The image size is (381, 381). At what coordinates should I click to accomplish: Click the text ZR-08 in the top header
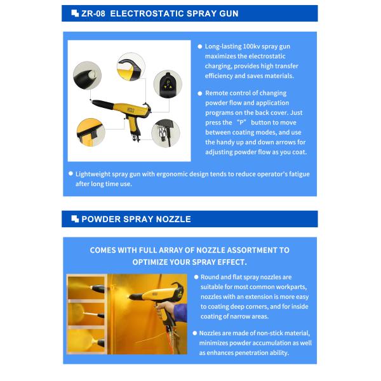coord(93,13)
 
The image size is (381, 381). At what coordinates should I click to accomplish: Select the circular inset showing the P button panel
coord(168,84)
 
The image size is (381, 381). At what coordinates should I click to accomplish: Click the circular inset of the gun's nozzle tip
coord(87,76)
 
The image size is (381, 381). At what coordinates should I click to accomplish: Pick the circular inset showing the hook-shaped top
coord(131,67)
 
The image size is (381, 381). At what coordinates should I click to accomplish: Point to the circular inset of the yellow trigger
coord(91,133)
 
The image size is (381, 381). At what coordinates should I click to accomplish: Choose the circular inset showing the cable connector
coord(166,133)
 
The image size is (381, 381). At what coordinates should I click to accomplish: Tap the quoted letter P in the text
coord(241,122)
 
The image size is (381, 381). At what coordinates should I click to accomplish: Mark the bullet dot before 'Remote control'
coord(200,93)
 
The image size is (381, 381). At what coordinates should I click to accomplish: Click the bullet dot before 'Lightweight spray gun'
coord(70,173)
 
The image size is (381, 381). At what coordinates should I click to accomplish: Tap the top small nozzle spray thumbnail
coord(86,288)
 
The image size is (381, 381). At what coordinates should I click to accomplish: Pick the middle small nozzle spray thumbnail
coord(86,314)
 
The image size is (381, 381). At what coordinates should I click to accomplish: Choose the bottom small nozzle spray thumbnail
coord(86,340)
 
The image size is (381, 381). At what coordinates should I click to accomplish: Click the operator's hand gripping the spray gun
coord(166,309)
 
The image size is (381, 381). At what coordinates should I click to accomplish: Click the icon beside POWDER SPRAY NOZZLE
coord(75,219)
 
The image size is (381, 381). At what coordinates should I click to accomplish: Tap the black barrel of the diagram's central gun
coord(103,104)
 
